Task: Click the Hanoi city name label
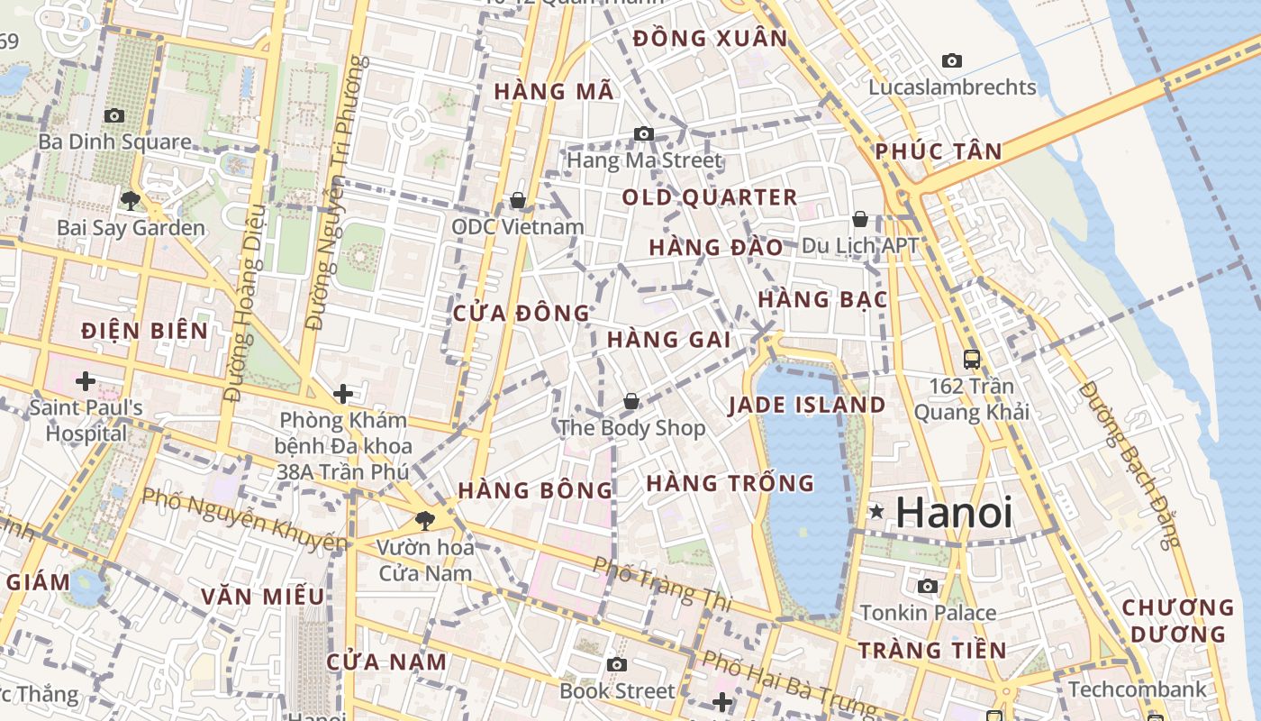(x=954, y=513)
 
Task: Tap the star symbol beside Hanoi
(x=876, y=512)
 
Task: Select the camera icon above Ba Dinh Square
(x=114, y=115)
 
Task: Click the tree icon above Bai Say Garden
(x=131, y=200)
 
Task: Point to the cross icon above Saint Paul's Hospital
(x=86, y=381)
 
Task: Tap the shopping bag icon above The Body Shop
(x=631, y=400)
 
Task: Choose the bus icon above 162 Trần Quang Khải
(x=972, y=359)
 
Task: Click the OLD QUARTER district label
(x=710, y=197)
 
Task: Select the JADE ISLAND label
(x=807, y=406)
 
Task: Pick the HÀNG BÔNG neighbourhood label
(x=535, y=491)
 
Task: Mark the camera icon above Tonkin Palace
(x=928, y=587)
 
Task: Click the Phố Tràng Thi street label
(x=661, y=581)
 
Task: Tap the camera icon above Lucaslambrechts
(x=952, y=61)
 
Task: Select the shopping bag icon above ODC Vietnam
(x=518, y=200)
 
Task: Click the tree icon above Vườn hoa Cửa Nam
(x=424, y=520)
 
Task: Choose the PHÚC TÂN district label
(x=939, y=151)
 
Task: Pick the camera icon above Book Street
(x=617, y=665)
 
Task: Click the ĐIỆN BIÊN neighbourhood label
(x=144, y=331)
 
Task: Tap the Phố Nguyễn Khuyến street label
(x=245, y=519)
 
